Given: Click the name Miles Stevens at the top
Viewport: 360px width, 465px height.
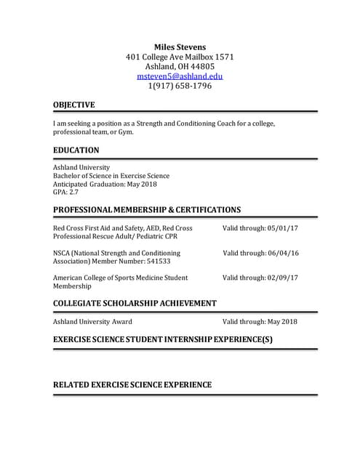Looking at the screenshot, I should pyautogui.click(x=180, y=46).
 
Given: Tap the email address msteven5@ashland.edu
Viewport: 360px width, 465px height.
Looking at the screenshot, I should pyautogui.click(x=180, y=76).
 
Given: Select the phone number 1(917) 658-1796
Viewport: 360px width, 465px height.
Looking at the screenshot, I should pyautogui.click(x=180, y=86).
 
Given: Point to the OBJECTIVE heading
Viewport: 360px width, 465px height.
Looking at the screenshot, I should pyautogui.click(x=73, y=105).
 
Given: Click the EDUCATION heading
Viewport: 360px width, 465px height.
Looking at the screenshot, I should pyautogui.click(x=76, y=150).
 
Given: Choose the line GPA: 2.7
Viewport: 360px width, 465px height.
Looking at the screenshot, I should pyautogui.click(x=65, y=193).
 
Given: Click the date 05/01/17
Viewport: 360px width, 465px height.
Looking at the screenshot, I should pyautogui.click(x=283, y=228).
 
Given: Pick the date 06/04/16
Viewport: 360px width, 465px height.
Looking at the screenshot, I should pyautogui.click(x=283, y=253).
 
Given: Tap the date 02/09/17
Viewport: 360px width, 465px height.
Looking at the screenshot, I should pyautogui.click(x=283, y=278).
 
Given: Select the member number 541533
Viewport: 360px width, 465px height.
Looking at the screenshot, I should pyautogui.click(x=156, y=262).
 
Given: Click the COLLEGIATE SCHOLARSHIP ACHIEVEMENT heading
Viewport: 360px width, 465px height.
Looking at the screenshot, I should pyautogui.click(x=135, y=303).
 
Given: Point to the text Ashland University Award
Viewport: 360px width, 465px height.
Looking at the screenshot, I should pyautogui.click(x=92, y=321).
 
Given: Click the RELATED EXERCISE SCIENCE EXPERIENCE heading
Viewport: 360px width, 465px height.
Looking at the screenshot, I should pyautogui.click(x=132, y=384).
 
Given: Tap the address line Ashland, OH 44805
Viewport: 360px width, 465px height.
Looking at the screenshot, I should pyautogui.click(x=180, y=66).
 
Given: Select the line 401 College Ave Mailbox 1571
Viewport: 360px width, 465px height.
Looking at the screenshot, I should pyautogui.click(x=180, y=57).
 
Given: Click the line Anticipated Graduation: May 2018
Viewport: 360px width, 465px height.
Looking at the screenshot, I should pyautogui.click(x=105, y=184).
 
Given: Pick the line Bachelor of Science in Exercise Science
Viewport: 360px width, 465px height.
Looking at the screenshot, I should pyautogui.click(x=111, y=175).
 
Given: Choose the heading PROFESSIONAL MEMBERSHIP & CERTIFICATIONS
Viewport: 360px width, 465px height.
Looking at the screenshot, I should pyautogui.click(x=147, y=210).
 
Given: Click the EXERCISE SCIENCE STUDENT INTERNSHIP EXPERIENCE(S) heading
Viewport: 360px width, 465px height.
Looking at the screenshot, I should pyautogui.click(x=162, y=339).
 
